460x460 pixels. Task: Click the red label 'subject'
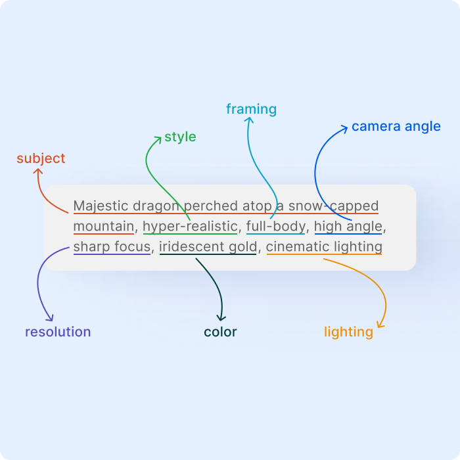tap(41, 158)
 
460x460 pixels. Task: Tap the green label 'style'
tap(180, 137)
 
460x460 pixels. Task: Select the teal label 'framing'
tap(251, 109)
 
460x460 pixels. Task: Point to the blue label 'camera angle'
tap(396, 126)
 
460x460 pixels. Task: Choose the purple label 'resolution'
tap(58, 332)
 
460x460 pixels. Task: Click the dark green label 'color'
tap(220, 332)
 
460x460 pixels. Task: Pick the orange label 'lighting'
tap(348, 332)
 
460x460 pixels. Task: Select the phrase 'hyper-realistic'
tap(189, 227)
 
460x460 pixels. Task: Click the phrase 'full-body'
tap(275, 227)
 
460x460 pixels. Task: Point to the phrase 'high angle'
tap(348, 227)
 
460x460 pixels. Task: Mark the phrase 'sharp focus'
tap(112, 247)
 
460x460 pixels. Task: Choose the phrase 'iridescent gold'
tap(208, 247)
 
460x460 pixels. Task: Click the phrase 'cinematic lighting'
tap(324, 247)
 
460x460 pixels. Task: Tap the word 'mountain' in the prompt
tap(104, 227)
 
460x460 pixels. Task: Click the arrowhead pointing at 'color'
tap(221, 318)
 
